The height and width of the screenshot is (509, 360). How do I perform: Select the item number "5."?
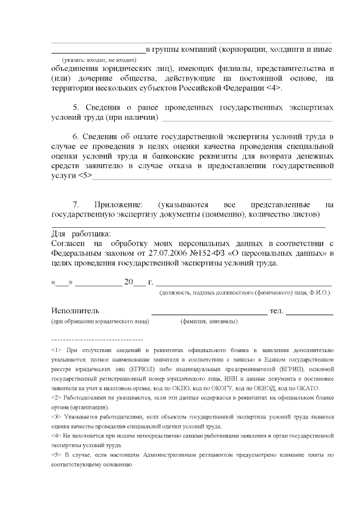pos(78,107)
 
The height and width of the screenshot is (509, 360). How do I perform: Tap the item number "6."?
pos(78,137)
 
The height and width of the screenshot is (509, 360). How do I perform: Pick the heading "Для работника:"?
pos(81,234)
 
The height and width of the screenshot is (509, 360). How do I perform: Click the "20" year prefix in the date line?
pos(128,282)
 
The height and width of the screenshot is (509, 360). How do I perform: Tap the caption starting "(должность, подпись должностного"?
pos(245,293)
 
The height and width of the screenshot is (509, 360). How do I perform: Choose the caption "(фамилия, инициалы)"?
pos(209,322)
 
